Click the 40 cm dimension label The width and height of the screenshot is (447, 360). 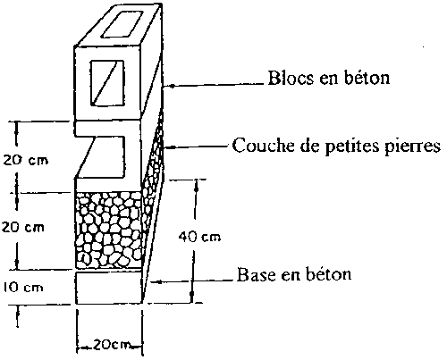coord(199,237)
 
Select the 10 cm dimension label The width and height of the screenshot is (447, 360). coord(23,288)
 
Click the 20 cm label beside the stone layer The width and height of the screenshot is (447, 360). coord(23,228)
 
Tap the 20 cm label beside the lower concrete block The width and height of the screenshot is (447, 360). coord(25,161)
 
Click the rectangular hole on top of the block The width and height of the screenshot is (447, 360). coord(122,24)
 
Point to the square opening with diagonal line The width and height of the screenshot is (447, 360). coord(107,83)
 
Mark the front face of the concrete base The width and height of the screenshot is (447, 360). coord(108,288)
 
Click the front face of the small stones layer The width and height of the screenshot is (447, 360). coord(108,230)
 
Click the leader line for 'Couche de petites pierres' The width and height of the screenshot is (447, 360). coord(198,147)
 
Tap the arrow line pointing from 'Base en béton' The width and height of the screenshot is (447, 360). coord(191,280)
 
